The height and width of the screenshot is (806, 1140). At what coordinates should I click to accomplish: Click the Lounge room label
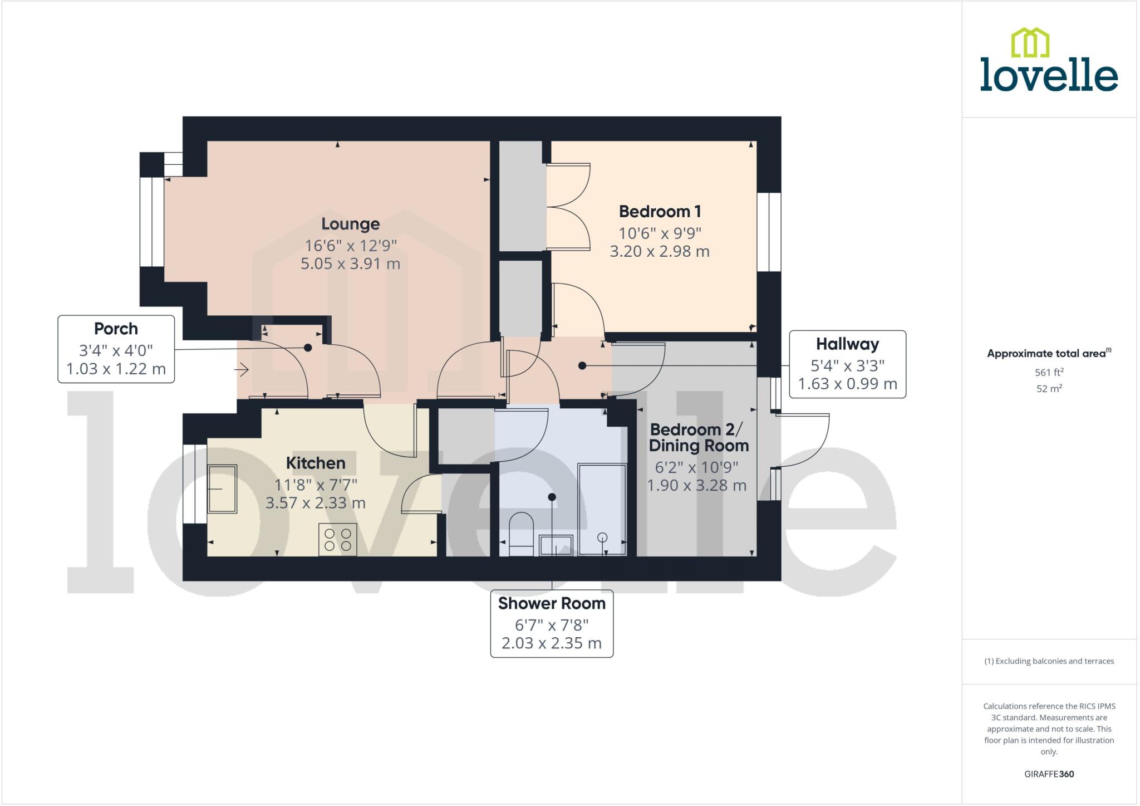coord(350,224)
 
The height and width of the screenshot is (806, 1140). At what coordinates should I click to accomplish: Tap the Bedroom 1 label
coord(660,212)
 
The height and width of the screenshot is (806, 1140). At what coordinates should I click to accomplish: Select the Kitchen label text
coord(316,463)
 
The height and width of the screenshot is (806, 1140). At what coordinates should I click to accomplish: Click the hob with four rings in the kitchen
coord(338,539)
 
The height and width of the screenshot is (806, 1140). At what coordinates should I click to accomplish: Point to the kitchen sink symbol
coord(222,489)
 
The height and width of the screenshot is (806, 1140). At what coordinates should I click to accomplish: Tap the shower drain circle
coord(602,538)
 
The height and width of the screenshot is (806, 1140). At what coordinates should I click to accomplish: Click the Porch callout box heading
coord(116,329)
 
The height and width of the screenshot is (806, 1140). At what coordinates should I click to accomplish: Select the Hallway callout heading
coord(847,344)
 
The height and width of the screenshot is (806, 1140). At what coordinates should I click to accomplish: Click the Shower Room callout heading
coord(552,603)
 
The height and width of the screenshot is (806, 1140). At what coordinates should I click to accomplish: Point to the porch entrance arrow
coord(241,369)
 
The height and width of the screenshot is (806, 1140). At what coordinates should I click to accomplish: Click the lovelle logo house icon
coord(1030,43)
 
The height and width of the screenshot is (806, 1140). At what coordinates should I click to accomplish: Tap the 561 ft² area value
coord(1049,372)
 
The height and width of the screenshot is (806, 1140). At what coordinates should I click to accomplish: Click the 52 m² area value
coord(1049,389)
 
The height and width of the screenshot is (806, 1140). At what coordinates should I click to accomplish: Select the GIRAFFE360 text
coord(1049,774)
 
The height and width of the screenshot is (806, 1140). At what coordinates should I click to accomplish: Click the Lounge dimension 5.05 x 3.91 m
coord(350,263)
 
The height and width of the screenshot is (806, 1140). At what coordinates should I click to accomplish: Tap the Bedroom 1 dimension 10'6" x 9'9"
coord(660,233)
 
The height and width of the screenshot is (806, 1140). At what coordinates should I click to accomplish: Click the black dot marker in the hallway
coord(582,366)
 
